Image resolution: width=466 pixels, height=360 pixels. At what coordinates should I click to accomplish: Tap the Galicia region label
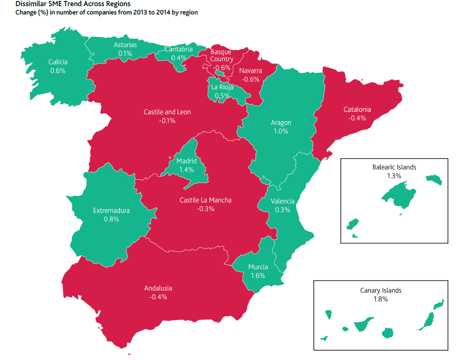point(58,62)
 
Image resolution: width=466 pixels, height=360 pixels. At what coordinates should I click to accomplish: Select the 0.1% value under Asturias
point(125,54)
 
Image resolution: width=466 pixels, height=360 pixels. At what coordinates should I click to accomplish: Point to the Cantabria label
point(179,49)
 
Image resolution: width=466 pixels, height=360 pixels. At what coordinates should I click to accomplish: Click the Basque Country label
point(221,55)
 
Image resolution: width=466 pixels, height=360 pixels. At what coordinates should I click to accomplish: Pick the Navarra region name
point(250,71)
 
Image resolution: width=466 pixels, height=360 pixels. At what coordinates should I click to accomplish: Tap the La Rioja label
point(222,87)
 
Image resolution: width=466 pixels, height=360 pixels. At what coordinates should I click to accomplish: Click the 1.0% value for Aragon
point(281,131)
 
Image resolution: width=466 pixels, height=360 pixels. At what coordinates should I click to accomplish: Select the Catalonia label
point(357,109)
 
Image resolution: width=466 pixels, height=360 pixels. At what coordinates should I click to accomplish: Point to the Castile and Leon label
point(167,112)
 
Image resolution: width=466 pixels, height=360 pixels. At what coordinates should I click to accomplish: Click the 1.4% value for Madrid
point(186,170)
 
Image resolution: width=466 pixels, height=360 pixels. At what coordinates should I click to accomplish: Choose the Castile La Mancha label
point(205,200)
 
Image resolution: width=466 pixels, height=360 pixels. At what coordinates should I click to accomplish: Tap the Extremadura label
point(111,211)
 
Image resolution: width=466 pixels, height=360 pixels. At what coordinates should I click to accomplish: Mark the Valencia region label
point(283,201)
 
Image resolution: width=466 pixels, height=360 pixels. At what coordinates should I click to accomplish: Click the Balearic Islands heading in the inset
point(394,167)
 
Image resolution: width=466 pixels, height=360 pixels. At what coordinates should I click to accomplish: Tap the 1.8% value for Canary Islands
point(380,299)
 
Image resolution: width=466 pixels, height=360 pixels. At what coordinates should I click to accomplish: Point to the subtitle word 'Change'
point(27,13)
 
